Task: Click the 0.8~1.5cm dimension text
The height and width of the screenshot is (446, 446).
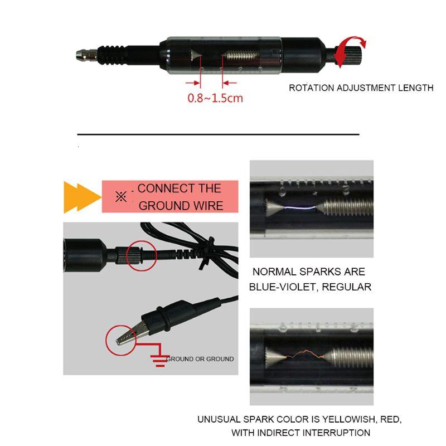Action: click(215, 98)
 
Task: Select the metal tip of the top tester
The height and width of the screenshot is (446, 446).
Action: click(83, 55)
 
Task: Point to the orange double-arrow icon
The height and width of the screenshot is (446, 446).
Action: click(80, 197)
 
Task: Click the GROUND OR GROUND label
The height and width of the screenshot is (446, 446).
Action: click(200, 359)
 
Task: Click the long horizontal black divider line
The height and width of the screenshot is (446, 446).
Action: click(218, 134)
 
